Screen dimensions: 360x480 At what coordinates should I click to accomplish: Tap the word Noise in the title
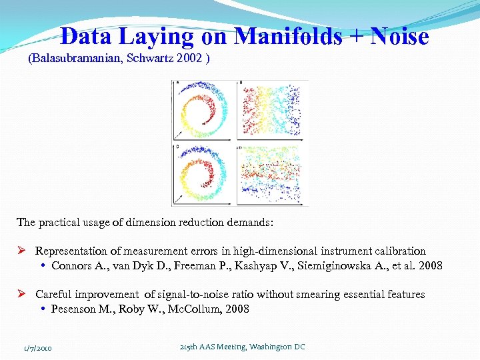click(399, 36)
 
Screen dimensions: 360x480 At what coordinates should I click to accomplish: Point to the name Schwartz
click(151, 59)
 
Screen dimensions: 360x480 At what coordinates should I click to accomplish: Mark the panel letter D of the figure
click(241, 145)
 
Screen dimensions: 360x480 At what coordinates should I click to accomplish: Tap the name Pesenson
click(74, 309)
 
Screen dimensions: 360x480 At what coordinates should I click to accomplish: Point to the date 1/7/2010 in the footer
click(38, 347)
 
